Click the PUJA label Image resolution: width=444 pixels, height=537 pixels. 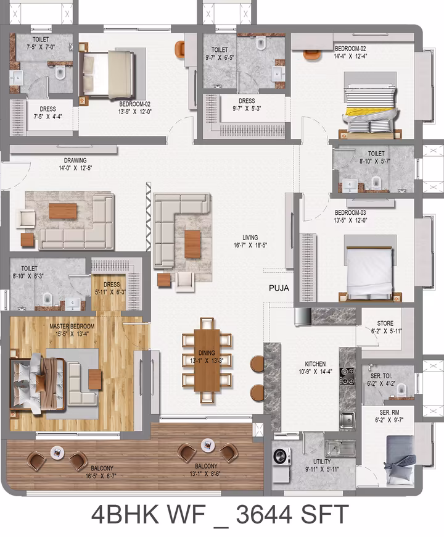[x=279, y=288]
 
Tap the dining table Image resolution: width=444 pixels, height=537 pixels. [x=207, y=360]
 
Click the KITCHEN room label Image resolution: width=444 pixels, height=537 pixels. [x=315, y=364]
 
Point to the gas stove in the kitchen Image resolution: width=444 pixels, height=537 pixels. [x=347, y=376]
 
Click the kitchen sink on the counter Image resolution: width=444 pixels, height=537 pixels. [x=347, y=419]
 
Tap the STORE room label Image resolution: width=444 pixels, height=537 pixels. [x=385, y=323]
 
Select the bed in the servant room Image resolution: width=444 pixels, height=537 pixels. [x=401, y=460]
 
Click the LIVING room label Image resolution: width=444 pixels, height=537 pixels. [x=250, y=238]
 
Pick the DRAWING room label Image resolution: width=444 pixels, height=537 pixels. [x=75, y=160]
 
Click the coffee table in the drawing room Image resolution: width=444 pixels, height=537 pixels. [x=63, y=211]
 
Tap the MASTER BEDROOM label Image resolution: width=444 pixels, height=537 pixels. [x=72, y=327]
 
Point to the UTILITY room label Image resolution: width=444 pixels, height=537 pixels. [x=323, y=462]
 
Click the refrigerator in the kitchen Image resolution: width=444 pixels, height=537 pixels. [x=303, y=317]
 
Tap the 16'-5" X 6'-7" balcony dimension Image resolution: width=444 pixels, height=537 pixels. [x=101, y=476]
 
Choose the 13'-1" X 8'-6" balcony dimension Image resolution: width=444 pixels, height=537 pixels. [x=205, y=473]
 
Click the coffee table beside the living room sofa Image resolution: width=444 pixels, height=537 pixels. [x=192, y=244]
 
